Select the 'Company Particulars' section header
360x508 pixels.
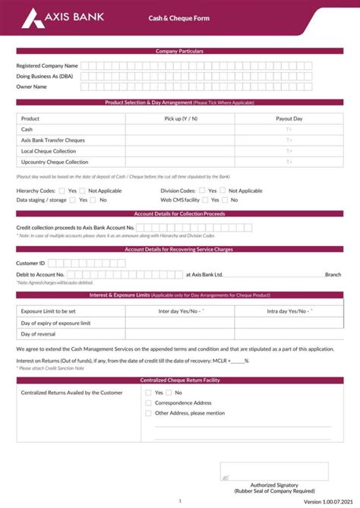tap(179, 51)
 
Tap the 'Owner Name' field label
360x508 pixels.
tap(32, 87)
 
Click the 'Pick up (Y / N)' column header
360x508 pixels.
tap(180, 118)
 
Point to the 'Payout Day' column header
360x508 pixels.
tap(289, 118)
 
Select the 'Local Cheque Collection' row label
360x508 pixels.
tap(49, 151)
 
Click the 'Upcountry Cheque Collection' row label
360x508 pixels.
tap(55, 162)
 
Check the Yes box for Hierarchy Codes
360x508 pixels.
tap(62, 191)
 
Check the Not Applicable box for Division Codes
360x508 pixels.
tap(223, 191)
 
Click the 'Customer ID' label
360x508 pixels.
tap(31, 263)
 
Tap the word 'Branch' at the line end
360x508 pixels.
tap(333, 274)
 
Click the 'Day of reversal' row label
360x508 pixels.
tap(38, 334)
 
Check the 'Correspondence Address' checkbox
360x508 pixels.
tap(148, 403)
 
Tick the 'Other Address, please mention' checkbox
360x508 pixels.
tap(148, 413)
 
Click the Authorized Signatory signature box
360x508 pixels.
tap(264, 471)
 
